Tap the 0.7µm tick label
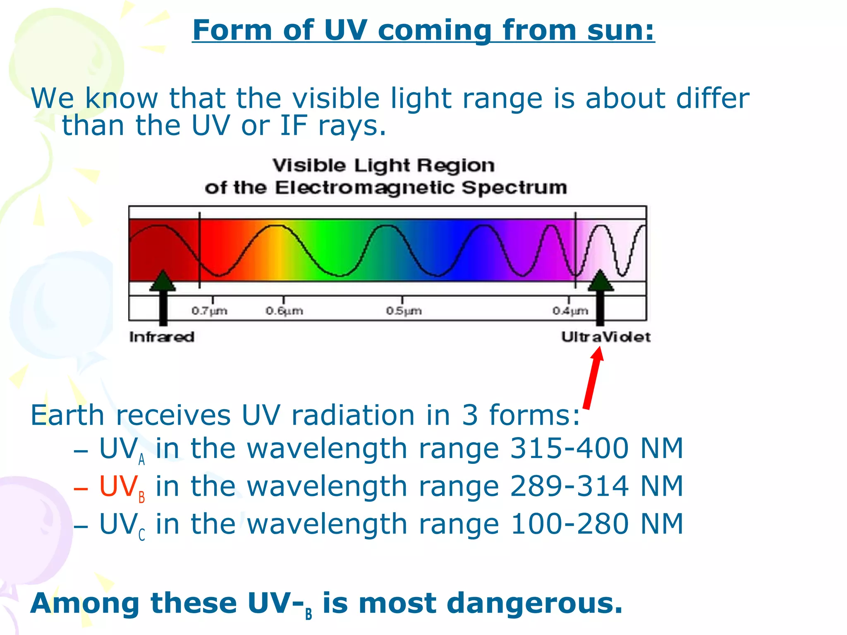pyautogui.click(x=209, y=310)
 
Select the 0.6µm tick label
pyautogui.click(x=285, y=310)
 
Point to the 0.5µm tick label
pyautogui.click(x=404, y=310)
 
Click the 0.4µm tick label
pyautogui.click(x=570, y=310)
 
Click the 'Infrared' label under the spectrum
pyautogui.click(x=162, y=337)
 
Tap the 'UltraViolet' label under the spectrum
pyautogui.click(x=606, y=337)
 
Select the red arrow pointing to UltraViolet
pyautogui.click(x=593, y=378)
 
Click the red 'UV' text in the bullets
pyautogui.click(x=118, y=487)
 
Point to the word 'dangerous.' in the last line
pyautogui.click(x=535, y=604)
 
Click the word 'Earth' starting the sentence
pyautogui.click(x=67, y=415)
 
